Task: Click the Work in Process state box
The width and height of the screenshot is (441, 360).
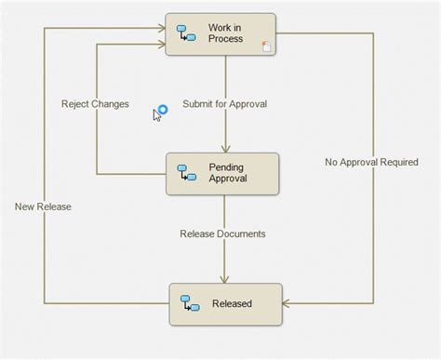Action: tap(221, 34)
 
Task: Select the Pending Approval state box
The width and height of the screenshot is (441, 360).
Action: tap(222, 173)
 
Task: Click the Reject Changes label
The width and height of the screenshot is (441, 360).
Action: tap(95, 103)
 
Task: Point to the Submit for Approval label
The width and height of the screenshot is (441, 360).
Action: tap(224, 103)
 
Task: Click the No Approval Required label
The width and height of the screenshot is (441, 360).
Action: tap(371, 162)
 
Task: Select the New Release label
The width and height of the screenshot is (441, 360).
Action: tap(43, 207)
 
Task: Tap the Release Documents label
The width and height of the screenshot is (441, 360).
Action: tap(222, 233)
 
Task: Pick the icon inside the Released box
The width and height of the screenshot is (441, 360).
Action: tap(187, 303)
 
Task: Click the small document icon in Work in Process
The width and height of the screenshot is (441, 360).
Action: tap(266, 47)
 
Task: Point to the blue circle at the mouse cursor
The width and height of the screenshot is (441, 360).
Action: tap(162, 110)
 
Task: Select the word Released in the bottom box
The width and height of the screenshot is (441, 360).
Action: tap(232, 303)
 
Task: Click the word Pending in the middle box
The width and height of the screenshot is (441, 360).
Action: tap(228, 167)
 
